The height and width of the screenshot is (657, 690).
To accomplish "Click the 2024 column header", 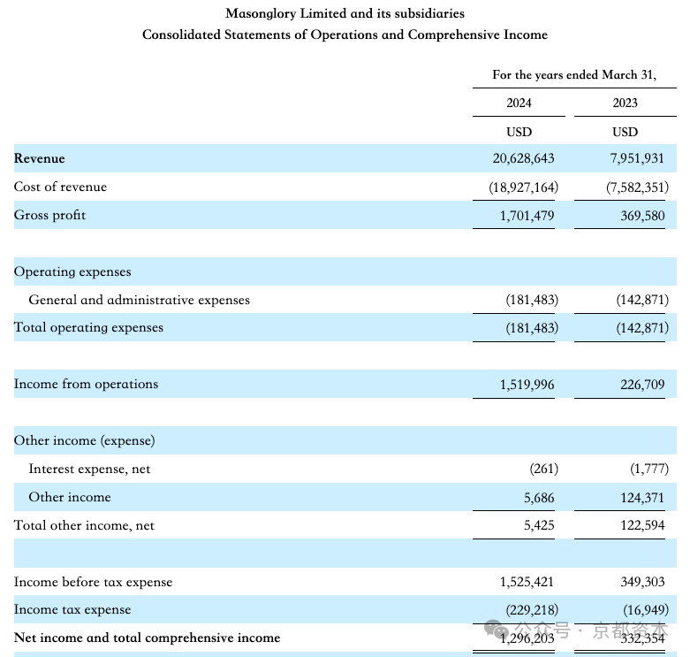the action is click(519, 103).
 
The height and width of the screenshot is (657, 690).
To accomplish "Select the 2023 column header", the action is click(625, 103).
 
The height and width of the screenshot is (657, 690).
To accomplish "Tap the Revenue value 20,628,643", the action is click(523, 158).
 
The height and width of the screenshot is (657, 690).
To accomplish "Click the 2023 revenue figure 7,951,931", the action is click(637, 158).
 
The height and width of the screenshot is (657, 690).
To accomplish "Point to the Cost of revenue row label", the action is click(60, 187).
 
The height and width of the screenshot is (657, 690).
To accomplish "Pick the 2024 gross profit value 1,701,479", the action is click(527, 216).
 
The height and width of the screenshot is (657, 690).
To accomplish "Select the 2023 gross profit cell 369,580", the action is click(642, 216).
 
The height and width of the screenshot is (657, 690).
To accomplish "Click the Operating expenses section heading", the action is click(72, 271).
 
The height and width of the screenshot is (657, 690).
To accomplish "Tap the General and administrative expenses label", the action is click(139, 300).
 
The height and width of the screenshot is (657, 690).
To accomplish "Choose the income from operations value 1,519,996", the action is click(527, 385).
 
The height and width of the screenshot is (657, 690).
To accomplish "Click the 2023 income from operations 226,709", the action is click(642, 385).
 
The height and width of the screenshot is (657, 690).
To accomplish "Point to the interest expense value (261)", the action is click(544, 469).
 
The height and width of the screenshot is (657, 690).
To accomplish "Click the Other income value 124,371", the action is click(642, 498).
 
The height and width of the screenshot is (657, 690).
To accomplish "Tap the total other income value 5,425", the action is click(539, 525).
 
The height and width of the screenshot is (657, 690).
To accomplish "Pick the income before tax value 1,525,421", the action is click(527, 582).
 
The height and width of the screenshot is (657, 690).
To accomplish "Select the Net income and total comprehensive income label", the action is click(147, 638).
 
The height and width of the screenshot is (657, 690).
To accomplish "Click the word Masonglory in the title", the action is click(261, 13).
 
